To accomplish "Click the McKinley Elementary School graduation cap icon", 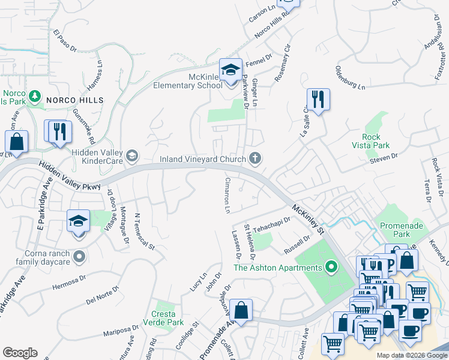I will coord(230,70).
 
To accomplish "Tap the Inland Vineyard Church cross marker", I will coord(255,158).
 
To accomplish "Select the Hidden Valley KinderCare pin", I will coord(132,157).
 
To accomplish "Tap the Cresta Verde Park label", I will coord(163,318).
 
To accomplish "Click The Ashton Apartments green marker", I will coord(331,267).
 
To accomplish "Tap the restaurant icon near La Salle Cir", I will coord(318,100).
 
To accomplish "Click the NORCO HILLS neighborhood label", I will coord(76,100).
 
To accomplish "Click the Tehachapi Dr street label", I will coord(271,224).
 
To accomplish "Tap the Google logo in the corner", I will coord(20,353).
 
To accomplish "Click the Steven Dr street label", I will coord(384,157).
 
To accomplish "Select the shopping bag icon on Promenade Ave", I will coord(241,310).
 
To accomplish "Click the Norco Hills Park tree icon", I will coord(35,96).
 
